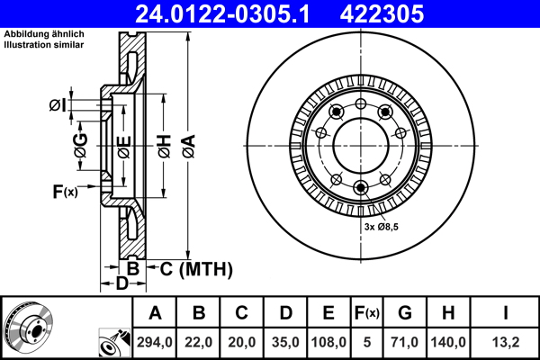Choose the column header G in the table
pyautogui.click(x=404, y=313)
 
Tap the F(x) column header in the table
pyautogui.click(x=367, y=313)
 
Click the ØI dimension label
pyautogui.click(x=57, y=105)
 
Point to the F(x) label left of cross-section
pyautogui.click(x=66, y=191)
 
